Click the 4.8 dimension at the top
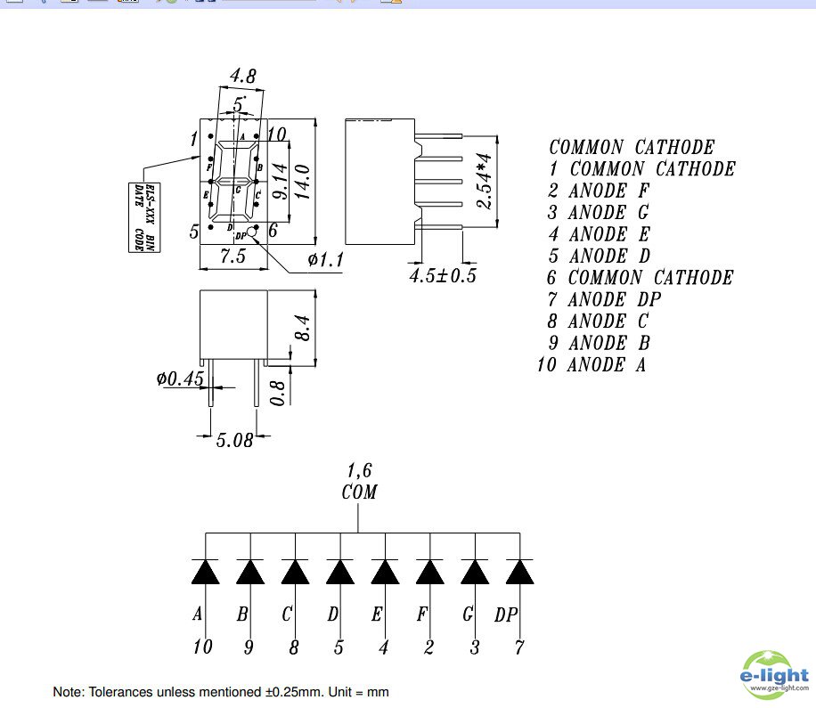pos(242,77)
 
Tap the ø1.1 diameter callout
pos(325,259)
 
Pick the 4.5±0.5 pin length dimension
pos(443,275)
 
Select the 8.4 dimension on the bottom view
pos(302,329)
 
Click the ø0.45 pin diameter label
pos(180,379)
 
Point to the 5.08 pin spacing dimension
pos(234,439)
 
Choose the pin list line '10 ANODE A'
pos(592,364)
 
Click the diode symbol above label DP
pos(519,572)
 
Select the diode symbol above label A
pos(205,572)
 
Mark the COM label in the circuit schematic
pos(359,492)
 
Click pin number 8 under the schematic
pos(294,648)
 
